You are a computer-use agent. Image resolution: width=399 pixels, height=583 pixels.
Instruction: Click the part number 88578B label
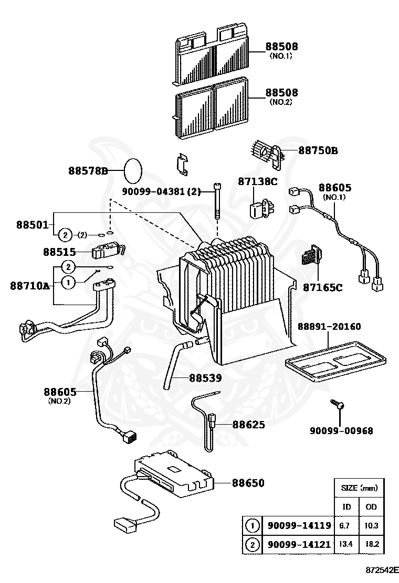87,171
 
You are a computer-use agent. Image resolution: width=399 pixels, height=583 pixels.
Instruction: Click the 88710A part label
29,286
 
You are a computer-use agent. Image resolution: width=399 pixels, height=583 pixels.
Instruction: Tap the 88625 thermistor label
248,425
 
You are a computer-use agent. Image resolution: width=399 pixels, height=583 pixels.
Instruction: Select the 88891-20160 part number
329,327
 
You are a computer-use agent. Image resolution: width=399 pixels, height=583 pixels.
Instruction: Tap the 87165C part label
322,287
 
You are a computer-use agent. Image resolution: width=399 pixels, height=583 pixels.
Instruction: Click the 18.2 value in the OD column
373,545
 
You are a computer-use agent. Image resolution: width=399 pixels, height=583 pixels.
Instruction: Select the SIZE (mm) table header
359,488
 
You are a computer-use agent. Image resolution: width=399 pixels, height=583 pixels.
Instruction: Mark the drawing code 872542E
378,569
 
